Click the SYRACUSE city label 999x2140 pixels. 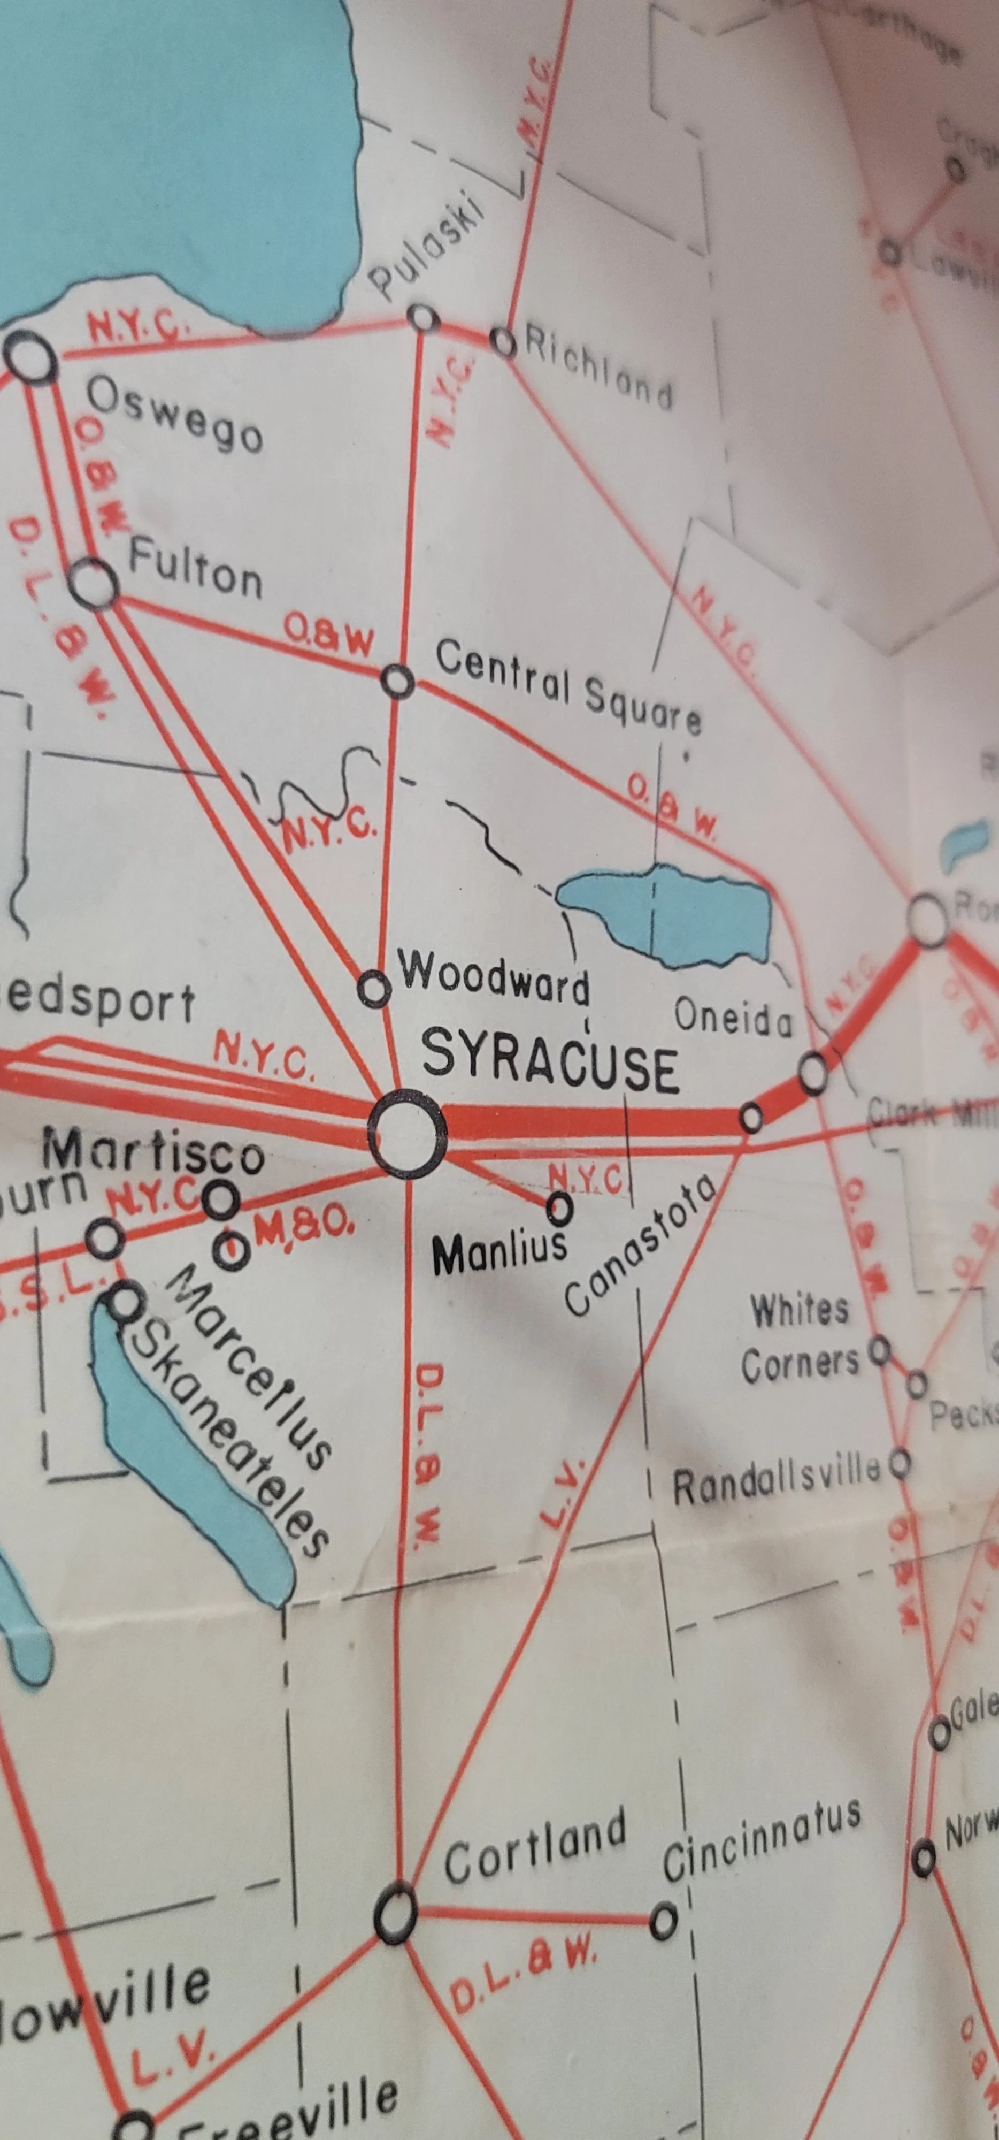[x=550, y=1063]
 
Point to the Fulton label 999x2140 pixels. [x=195, y=569]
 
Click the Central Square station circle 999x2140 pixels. [x=398, y=681]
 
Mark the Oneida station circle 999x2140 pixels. [x=813, y=1073]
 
